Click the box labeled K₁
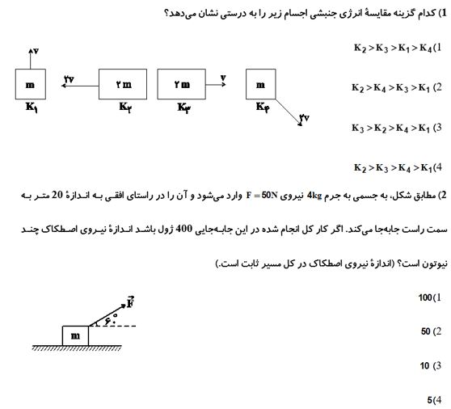click(31, 84)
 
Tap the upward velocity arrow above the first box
click(31, 57)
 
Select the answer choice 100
click(426, 298)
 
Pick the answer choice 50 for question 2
click(426, 331)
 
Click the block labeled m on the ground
click(75, 335)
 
